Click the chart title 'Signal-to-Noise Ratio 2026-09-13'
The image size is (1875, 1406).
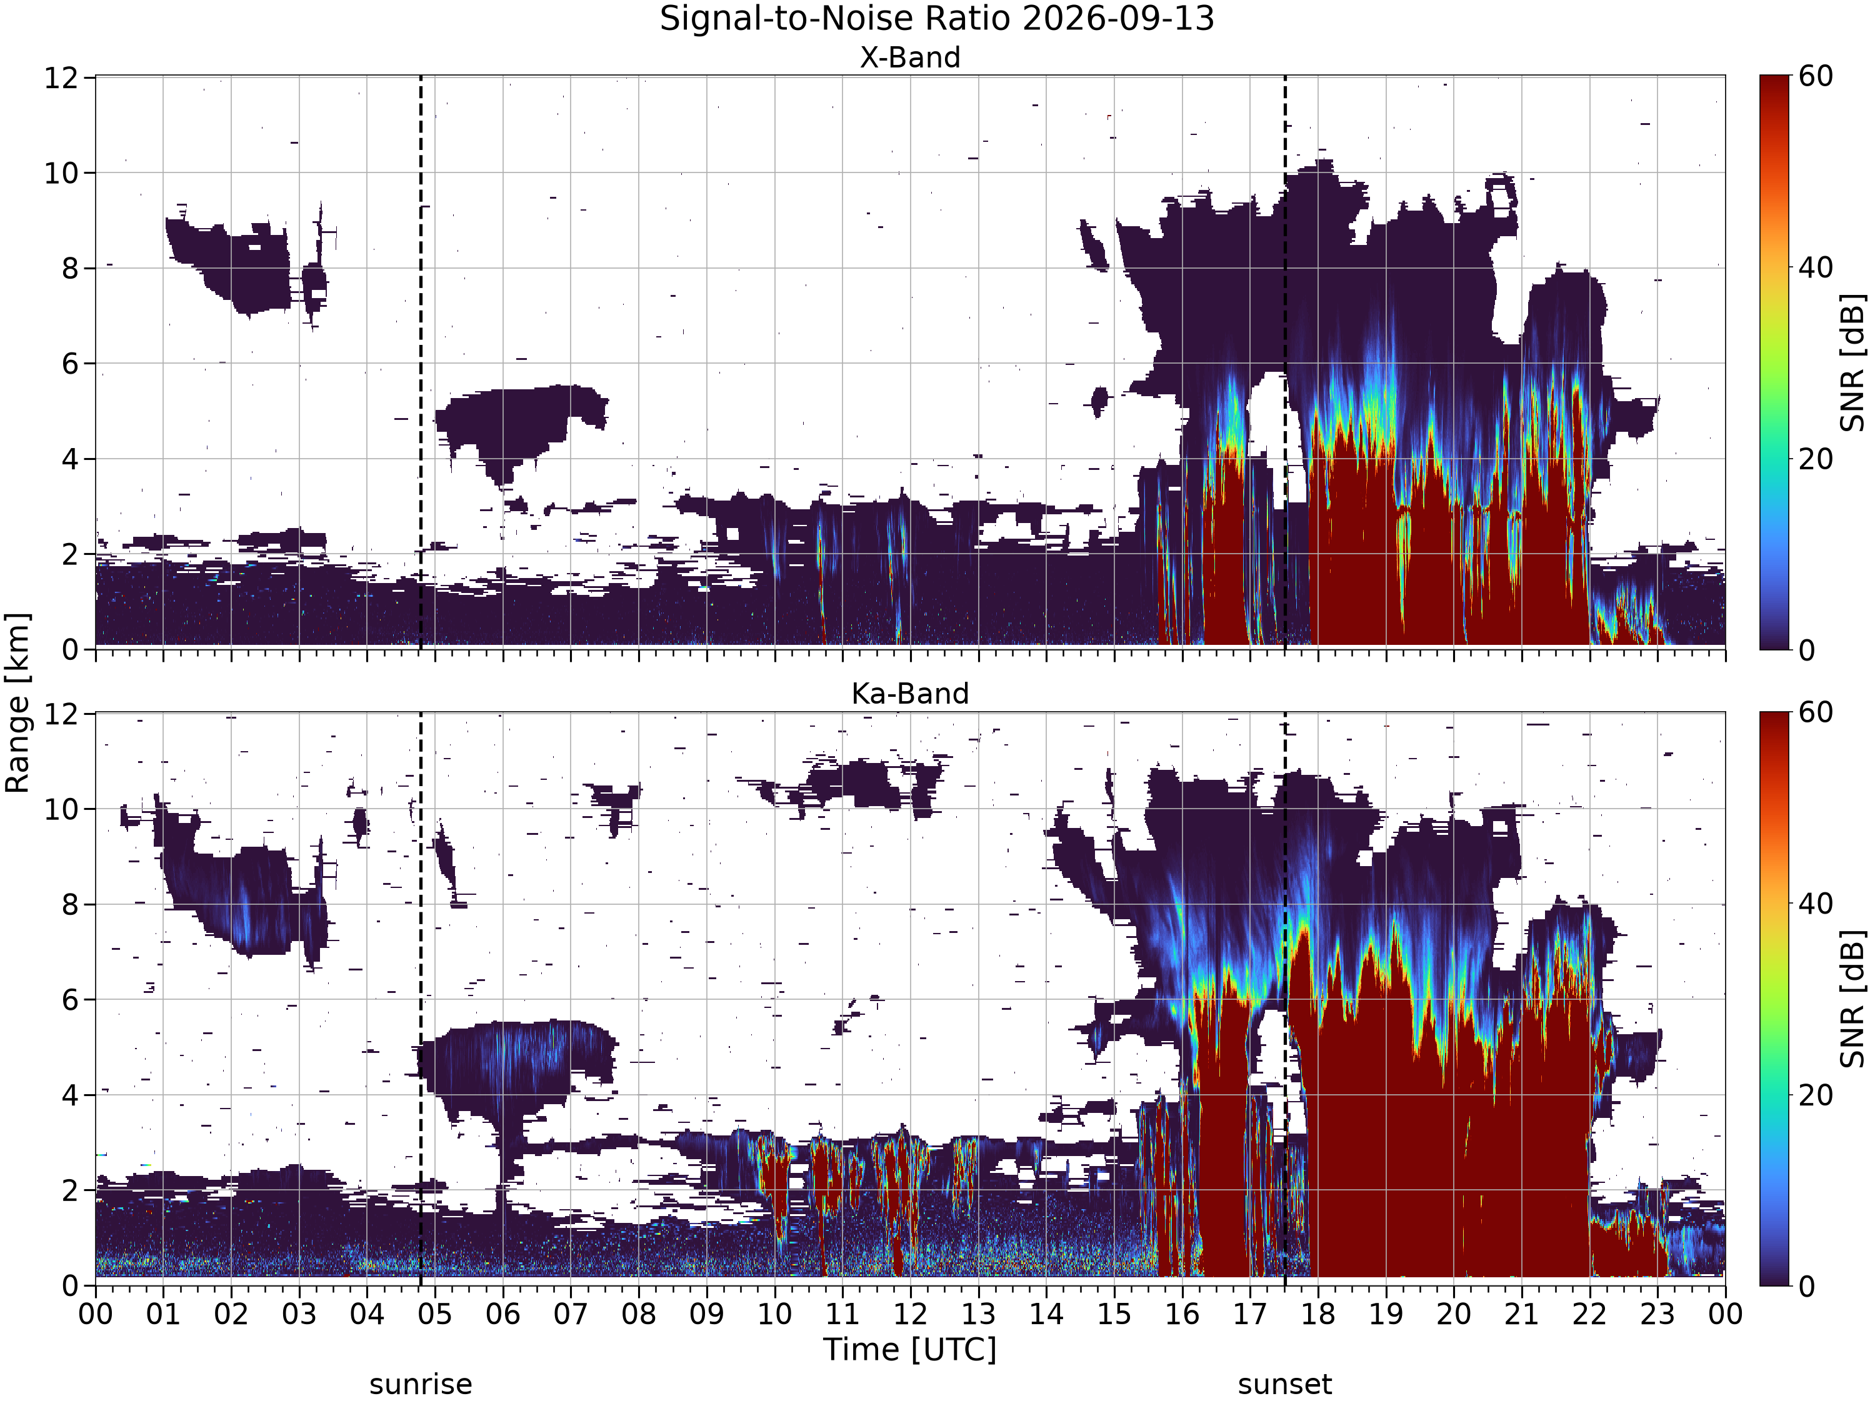coord(937,19)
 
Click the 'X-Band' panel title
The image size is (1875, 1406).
coord(911,57)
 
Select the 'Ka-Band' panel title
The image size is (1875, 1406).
coord(911,694)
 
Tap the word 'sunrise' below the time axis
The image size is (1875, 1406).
coord(421,1385)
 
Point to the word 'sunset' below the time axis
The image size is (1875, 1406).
coord(1285,1385)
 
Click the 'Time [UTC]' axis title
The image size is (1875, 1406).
coord(911,1349)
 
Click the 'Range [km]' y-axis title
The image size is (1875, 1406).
coord(17,702)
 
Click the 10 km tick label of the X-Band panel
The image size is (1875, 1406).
coord(61,174)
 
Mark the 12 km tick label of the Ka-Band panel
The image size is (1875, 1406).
coord(61,714)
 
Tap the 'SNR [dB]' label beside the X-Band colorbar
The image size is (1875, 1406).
coord(1854,362)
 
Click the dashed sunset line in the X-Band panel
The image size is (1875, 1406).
coord(1285,362)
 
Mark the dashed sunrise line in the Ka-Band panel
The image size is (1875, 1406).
coord(421,999)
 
